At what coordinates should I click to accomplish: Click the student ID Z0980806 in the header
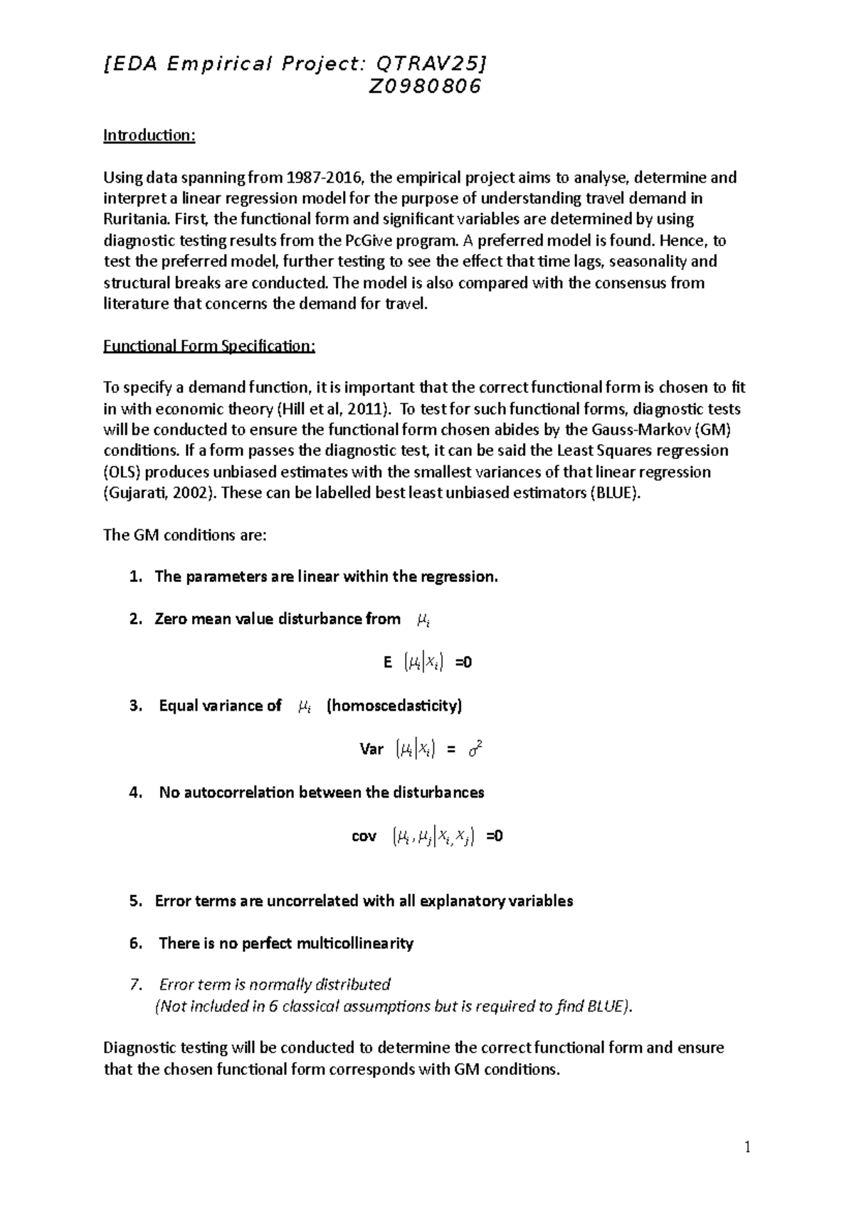click(424, 87)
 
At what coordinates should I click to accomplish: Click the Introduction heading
click(149, 135)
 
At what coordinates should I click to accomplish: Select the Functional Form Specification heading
click(209, 346)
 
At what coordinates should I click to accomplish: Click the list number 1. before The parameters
click(136, 577)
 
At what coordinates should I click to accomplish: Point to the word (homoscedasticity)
click(394, 706)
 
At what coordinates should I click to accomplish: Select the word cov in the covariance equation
click(364, 836)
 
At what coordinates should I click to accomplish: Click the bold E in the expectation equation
click(388, 662)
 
